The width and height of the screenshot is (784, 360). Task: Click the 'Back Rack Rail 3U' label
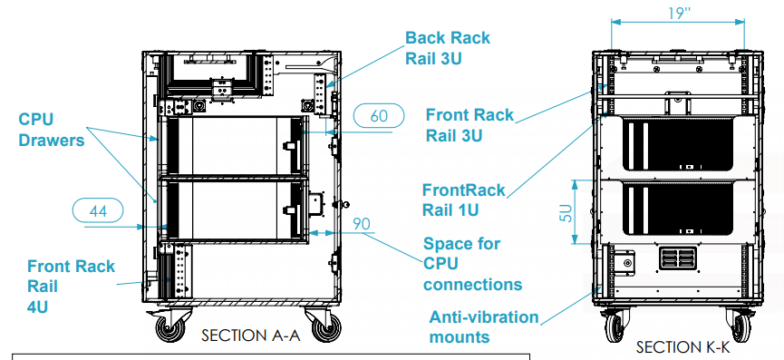[x=448, y=48]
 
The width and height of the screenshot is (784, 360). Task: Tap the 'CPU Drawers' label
[x=52, y=130]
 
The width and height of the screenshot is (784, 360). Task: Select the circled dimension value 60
[x=379, y=116]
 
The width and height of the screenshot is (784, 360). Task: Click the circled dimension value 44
[x=98, y=211]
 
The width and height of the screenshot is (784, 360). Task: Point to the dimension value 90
[x=363, y=223]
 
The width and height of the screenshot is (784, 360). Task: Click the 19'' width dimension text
[x=679, y=14]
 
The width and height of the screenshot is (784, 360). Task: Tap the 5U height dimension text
[x=566, y=212]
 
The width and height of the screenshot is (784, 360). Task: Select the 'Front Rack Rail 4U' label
[x=71, y=286]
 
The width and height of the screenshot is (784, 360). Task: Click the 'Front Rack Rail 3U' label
[x=469, y=125]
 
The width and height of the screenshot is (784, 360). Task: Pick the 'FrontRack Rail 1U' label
[x=464, y=200]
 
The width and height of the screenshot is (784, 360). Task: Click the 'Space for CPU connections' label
[x=472, y=264]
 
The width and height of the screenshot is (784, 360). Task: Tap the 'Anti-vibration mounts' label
[x=484, y=327]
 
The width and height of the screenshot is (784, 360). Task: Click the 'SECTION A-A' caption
[x=250, y=336]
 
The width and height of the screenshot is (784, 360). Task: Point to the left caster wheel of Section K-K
[x=614, y=328]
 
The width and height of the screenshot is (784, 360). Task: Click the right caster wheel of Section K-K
[x=741, y=328]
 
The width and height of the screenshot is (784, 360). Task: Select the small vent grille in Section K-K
[x=677, y=258]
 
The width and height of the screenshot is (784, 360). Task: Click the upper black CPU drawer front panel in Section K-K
[x=677, y=143]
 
